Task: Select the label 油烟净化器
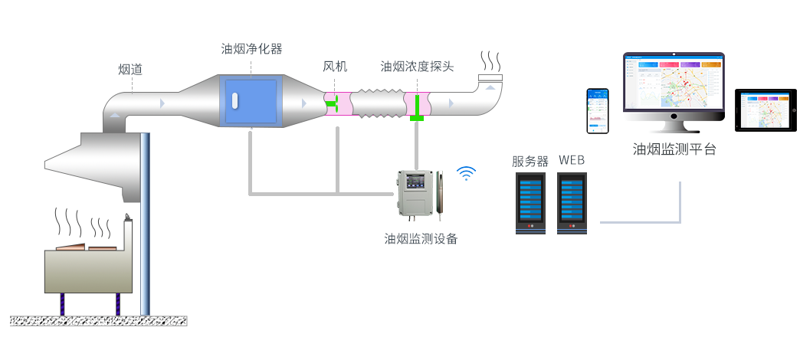coord(251,49)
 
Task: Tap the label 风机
coord(336,67)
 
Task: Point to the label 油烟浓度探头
coord(417,67)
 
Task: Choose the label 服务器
coord(530,161)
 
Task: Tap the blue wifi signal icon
coord(466,172)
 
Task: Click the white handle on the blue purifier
coord(235,101)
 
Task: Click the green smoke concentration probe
coord(417,106)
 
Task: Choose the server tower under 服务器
coord(530,202)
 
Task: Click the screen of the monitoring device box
coord(418,184)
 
